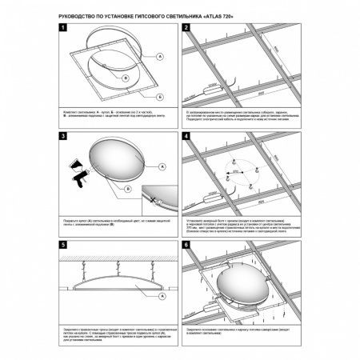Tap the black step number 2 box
point(186,28)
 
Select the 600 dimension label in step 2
point(252,90)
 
